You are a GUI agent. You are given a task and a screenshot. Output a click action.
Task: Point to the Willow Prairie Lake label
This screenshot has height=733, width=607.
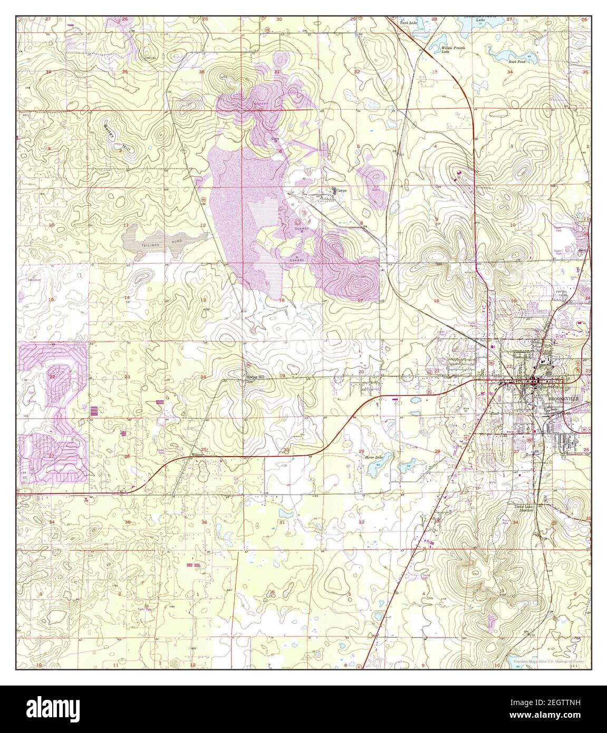453,50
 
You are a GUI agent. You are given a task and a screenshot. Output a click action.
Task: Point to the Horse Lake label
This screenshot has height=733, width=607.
374,457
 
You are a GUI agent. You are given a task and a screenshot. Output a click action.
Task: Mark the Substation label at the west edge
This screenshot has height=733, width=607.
34,279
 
